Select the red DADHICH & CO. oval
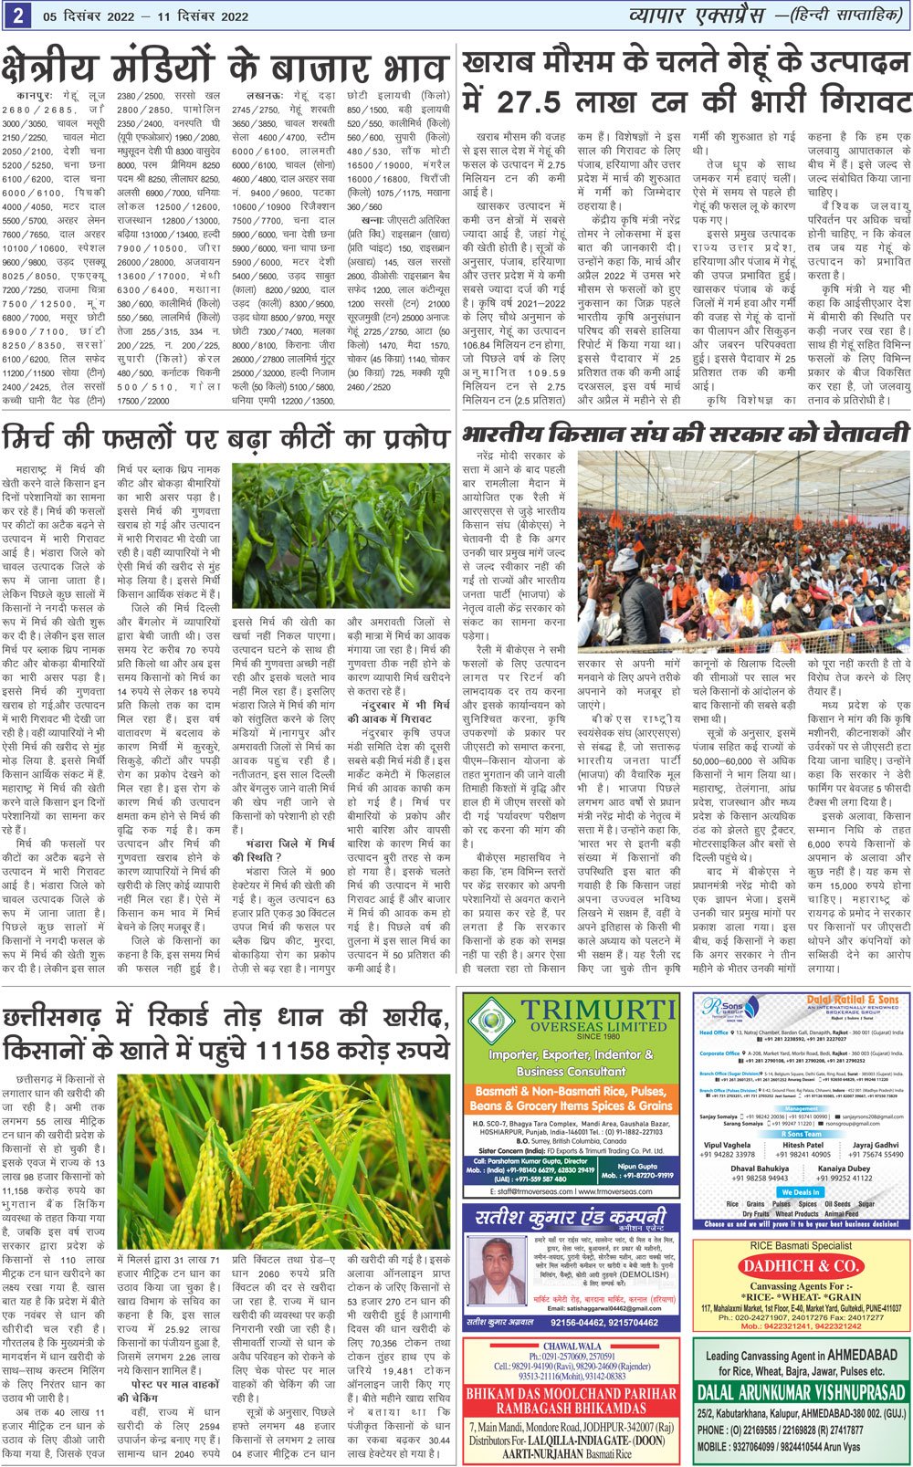(801, 1265)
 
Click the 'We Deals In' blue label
(800, 1191)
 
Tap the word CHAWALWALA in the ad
(572, 1346)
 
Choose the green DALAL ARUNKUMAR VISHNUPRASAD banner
(801, 1392)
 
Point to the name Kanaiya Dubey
(845, 1168)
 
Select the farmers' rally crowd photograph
(743, 548)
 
